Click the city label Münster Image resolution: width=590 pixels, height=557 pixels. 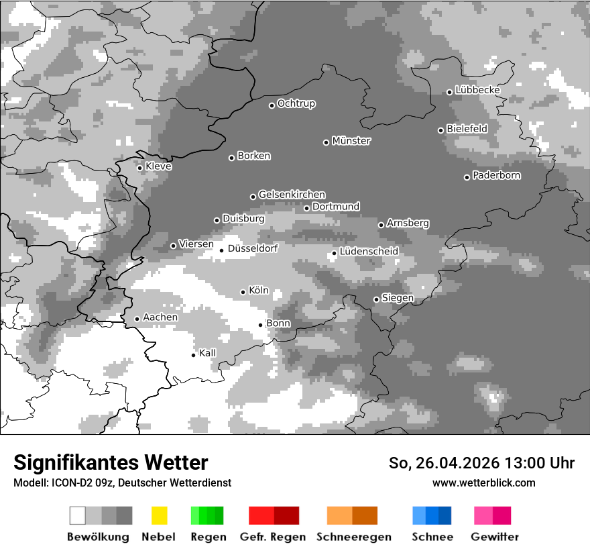[x=351, y=141]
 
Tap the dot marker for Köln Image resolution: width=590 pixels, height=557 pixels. [x=243, y=292]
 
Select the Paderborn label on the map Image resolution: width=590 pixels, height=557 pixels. [x=497, y=176]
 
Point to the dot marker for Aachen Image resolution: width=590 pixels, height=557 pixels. [x=137, y=319]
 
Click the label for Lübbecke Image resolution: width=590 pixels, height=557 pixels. [x=478, y=90]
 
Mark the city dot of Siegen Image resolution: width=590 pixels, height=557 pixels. [x=377, y=299]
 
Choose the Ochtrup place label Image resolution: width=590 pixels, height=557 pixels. [x=296, y=104]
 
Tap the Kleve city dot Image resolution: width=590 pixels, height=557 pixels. [x=140, y=168]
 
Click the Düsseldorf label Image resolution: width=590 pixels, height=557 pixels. [x=253, y=249]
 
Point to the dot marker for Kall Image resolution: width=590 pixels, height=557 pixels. [x=194, y=355]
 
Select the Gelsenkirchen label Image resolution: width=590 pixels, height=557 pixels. [x=292, y=195]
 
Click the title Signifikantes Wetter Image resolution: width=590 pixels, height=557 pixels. [x=111, y=463]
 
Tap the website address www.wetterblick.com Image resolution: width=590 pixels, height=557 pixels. [x=484, y=483]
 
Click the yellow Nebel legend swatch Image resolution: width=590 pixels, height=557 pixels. [x=159, y=515]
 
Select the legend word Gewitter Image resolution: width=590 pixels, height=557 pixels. [x=495, y=537]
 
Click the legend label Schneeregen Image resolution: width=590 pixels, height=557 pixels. [x=354, y=537]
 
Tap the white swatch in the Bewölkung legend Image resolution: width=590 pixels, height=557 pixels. [x=77, y=515]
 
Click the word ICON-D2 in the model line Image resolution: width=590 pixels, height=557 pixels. [x=67, y=483]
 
